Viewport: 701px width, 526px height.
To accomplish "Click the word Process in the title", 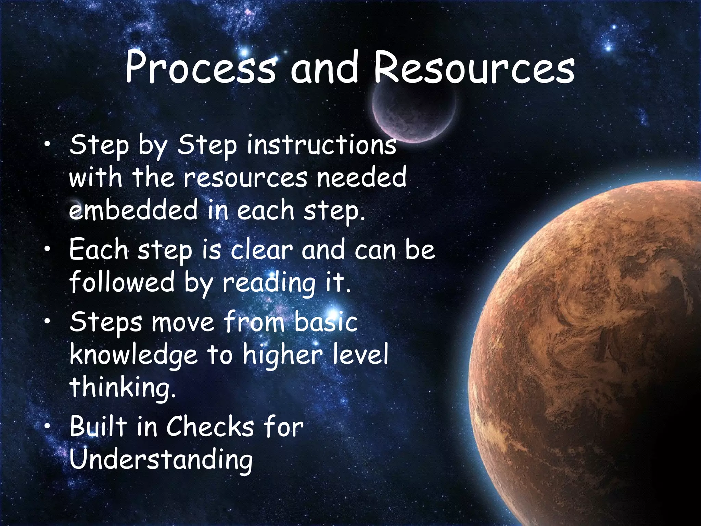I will click(x=200, y=67).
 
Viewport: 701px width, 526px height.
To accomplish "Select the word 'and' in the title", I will click(x=324, y=67).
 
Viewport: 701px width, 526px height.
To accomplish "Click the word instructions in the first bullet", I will click(x=321, y=145).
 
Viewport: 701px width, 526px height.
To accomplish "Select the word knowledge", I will click(x=133, y=355).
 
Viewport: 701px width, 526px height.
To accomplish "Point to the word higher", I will click(x=283, y=355).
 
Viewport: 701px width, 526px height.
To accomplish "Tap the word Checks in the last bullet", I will click(x=211, y=427).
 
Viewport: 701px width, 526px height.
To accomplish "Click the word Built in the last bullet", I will click(x=98, y=427).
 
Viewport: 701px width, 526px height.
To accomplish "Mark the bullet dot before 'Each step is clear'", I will click(x=47, y=249).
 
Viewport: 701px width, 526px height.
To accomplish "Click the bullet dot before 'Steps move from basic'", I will click(x=47, y=322).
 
